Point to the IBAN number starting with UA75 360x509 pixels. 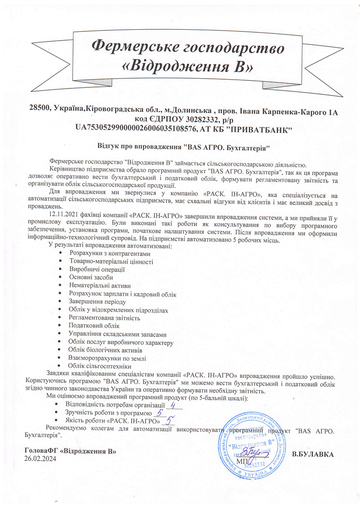point(137,129)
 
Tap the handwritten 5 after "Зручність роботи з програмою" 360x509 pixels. point(160,412)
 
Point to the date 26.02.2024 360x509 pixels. point(40,459)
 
